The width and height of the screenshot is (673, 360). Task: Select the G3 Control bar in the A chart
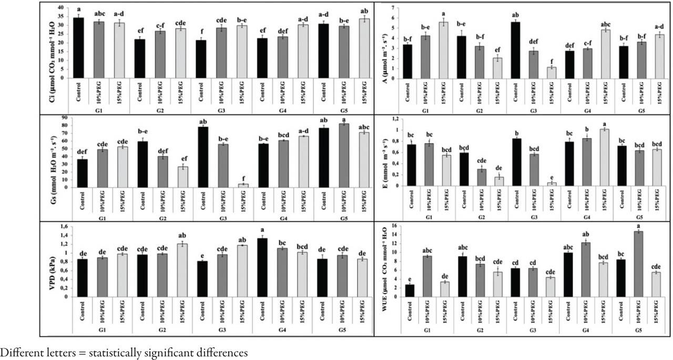[515, 50]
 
